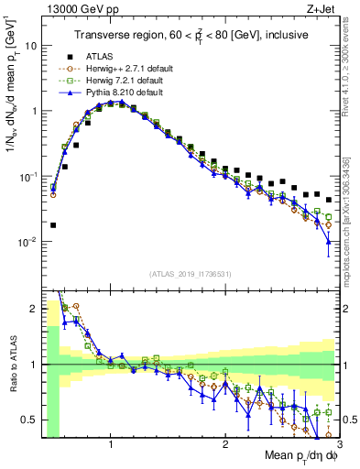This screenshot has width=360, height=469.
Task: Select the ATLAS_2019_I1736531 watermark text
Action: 190,273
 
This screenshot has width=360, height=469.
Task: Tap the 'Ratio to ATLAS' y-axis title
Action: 13,365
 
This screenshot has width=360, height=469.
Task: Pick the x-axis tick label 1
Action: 111,442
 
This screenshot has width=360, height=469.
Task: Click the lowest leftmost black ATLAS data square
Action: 53,224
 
